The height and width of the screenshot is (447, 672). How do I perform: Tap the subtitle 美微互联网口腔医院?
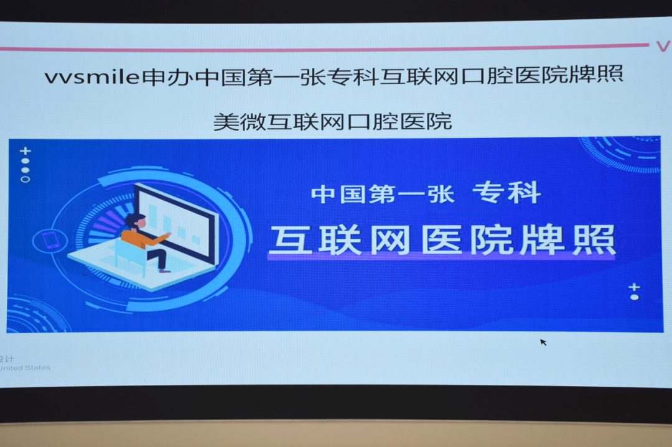[332, 121]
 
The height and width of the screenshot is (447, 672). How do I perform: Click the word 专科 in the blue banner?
[506, 193]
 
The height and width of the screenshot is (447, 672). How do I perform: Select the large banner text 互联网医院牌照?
[442, 239]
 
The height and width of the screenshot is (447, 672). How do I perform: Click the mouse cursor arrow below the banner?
[543, 342]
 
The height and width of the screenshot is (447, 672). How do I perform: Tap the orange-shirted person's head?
[136, 220]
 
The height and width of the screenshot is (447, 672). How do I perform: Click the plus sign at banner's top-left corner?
[25, 151]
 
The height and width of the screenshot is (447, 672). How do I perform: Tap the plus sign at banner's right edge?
[633, 287]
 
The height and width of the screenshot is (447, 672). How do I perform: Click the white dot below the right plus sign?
[634, 297]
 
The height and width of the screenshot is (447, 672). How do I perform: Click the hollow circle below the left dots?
[25, 179]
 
